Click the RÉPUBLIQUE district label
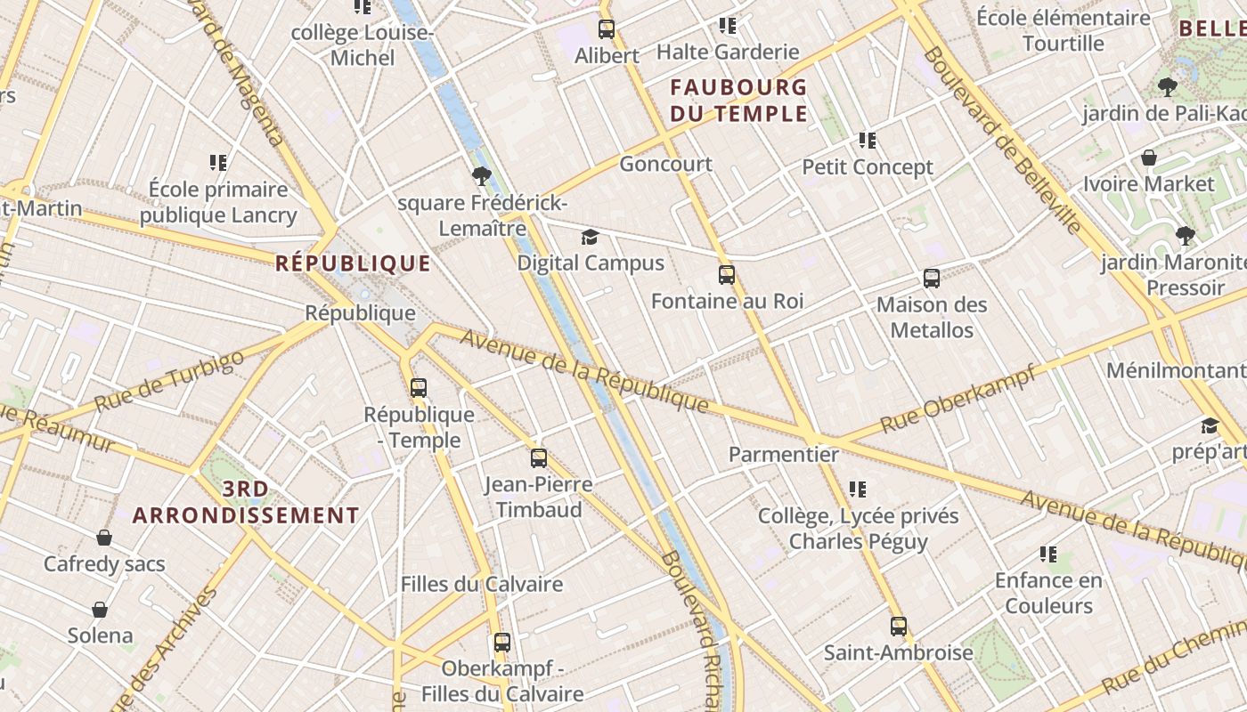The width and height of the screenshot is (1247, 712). [x=353, y=263]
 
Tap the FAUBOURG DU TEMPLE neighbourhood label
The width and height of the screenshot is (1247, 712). [x=738, y=101]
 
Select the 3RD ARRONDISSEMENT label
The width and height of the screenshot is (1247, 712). [x=246, y=502]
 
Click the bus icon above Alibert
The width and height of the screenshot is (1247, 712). [x=607, y=29]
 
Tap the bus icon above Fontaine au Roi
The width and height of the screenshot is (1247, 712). [x=727, y=275]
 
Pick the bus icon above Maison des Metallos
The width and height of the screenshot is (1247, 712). [x=932, y=279]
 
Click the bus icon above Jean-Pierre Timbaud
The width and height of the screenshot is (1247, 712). [x=539, y=458]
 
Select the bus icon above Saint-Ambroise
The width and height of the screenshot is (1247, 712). [x=898, y=627]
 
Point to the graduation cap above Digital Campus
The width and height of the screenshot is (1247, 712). [x=590, y=237]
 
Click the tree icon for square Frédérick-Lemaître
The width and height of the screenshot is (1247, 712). [x=482, y=176]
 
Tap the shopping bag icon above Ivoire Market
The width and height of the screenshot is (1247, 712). [x=1149, y=158]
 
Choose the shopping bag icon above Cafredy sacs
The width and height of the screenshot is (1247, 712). [x=104, y=538]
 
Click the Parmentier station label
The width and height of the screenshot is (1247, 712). [x=783, y=455]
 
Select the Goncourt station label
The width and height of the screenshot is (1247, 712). [x=665, y=164]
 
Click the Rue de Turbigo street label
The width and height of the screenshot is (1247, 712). [x=169, y=381]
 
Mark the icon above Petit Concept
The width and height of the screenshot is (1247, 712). [x=867, y=141]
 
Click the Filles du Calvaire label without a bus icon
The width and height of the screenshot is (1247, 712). [x=481, y=585]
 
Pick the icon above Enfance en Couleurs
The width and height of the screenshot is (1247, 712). [x=1048, y=554]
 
